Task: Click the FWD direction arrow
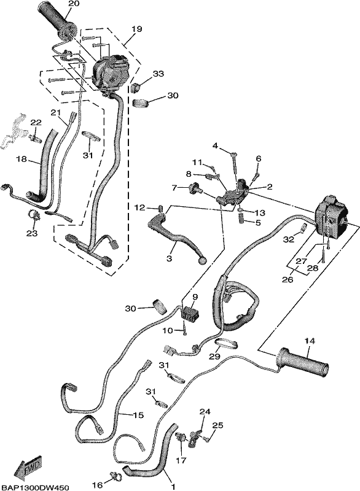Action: click(x=28, y=466)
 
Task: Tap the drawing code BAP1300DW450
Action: click(x=35, y=487)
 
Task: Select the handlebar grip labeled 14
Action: click(x=303, y=361)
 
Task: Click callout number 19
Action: click(x=136, y=29)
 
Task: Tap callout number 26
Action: click(x=288, y=279)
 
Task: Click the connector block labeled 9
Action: click(x=190, y=312)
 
